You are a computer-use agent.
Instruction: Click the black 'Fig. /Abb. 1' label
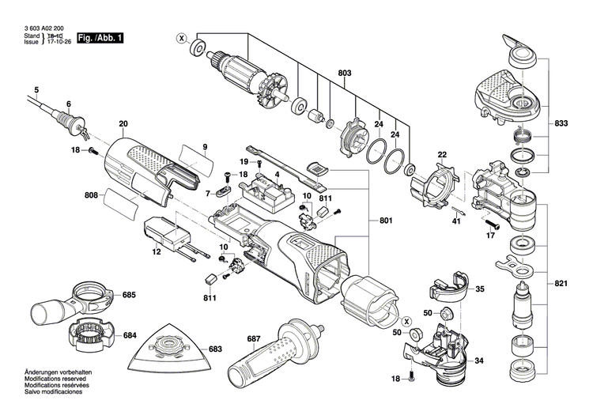tap(100, 38)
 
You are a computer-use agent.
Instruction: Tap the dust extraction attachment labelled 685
tap(66, 300)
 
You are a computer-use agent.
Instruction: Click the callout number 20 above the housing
tap(123, 124)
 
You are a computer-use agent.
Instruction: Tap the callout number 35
tap(479, 289)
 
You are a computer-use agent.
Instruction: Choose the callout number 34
tap(479, 361)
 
